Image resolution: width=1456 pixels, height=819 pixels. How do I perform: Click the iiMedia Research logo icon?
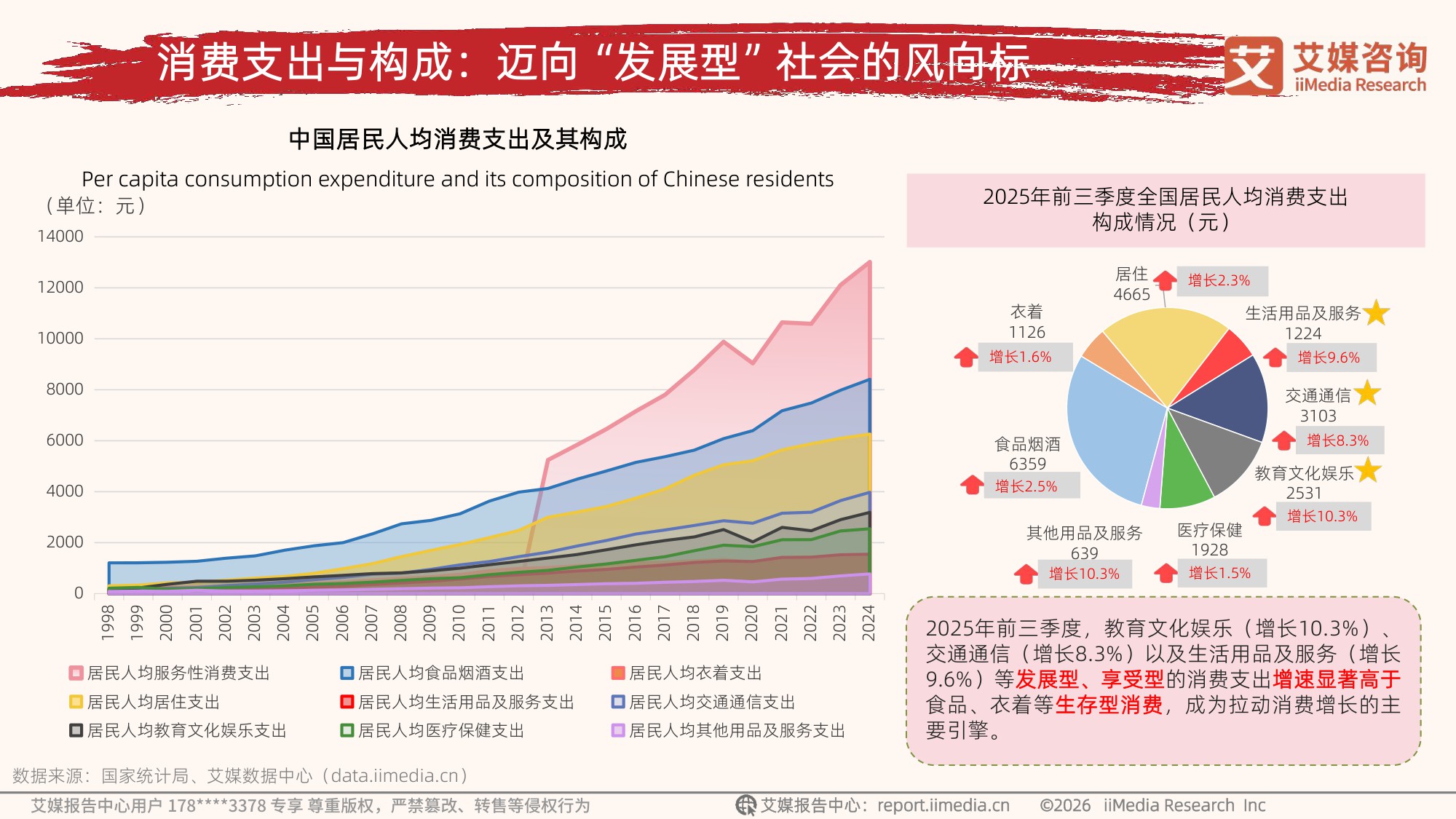(x=1253, y=66)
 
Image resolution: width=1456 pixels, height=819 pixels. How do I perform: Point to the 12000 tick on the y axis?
(x=60, y=288)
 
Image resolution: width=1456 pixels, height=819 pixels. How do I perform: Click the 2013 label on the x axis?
(x=547, y=622)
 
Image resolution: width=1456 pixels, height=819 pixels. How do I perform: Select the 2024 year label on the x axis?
(x=869, y=622)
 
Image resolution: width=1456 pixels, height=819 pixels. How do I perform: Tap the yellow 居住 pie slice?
(x=1165, y=349)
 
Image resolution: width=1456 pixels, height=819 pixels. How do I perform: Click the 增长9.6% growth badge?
(x=1329, y=357)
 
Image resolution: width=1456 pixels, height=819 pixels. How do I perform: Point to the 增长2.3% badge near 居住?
(x=1219, y=280)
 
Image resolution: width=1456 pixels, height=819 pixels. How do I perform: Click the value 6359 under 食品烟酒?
(x=1027, y=464)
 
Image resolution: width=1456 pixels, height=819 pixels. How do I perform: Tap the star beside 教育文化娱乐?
(x=1368, y=470)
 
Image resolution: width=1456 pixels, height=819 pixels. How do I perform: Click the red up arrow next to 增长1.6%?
(x=966, y=357)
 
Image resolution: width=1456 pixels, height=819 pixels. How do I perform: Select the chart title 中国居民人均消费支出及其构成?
(x=457, y=138)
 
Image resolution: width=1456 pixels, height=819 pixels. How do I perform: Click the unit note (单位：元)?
(x=95, y=206)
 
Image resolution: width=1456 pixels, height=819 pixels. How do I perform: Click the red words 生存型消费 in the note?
(x=1108, y=705)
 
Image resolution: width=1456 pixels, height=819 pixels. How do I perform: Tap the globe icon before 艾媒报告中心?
(x=745, y=805)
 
